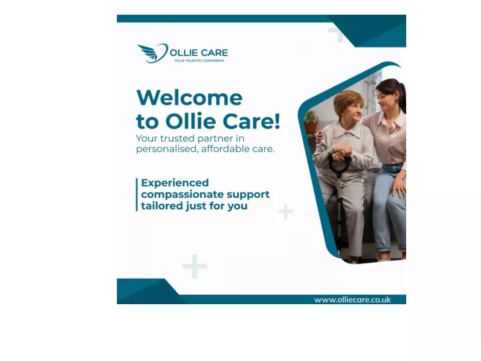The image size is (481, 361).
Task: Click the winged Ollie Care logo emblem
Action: click(x=153, y=53)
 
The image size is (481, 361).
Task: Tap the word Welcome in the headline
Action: click(x=189, y=98)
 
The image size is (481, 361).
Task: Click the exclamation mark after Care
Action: click(x=277, y=121)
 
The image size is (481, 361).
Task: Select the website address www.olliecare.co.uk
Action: click(x=353, y=299)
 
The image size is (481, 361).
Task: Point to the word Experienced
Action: click(x=175, y=183)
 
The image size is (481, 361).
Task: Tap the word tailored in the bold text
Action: click(x=162, y=206)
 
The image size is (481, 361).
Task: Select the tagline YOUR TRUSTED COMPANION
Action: click(x=199, y=61)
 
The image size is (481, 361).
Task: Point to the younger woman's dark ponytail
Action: click(x=402, y=97)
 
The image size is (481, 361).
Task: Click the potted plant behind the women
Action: click(x=311, y=122)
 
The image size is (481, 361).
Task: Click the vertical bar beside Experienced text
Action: click(x=137, y=195)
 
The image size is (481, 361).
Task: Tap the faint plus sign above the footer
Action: click(x=194, y=266)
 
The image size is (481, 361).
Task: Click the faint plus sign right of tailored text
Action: click(x=286, y=211)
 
